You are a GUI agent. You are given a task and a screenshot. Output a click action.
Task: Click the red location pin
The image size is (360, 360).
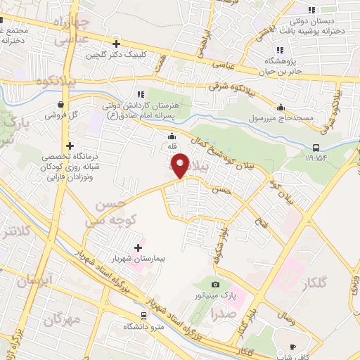pyautogui.click(x=181, y=165)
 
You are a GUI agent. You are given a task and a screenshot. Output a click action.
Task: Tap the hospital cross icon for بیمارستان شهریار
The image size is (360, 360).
pyautogui.click(x=137, y=247)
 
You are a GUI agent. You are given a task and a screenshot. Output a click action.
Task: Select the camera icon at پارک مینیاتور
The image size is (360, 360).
pyautogui.click(x=215, y=284)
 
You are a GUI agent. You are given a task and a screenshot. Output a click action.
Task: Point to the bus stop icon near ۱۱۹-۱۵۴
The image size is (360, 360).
pyautogui.click(x=316, y=148)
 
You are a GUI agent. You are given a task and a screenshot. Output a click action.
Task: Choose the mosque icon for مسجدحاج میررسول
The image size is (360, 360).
pyautogui.click(x=281, y=108)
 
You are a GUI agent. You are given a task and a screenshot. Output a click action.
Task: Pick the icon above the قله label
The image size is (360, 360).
pyautogui.click(x=171, y=136)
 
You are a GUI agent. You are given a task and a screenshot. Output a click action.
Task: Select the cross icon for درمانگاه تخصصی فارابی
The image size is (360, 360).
pyautogui.click(x=70, y=145)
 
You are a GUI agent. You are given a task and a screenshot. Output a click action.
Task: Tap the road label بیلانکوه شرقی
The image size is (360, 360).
pyautogui.click(x=233, y=86)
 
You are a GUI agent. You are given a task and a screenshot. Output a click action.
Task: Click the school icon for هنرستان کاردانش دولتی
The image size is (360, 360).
pyautogui.click(x=140, y=93)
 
